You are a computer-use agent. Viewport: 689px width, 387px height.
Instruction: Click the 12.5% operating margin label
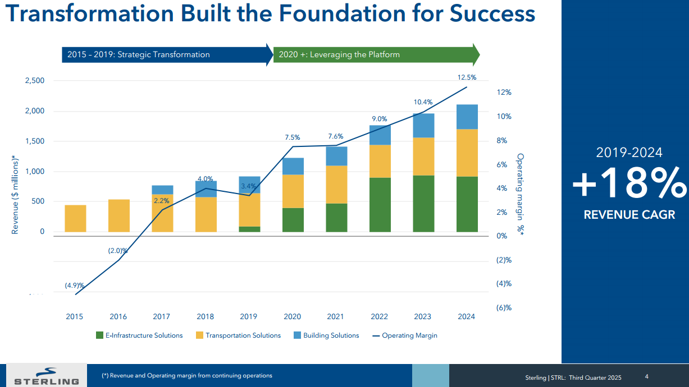(x=467, y=77)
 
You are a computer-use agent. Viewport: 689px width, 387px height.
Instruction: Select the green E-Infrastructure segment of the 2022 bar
(x=380, y=205)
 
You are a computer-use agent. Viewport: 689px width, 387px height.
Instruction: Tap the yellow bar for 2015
(x=75, y=218)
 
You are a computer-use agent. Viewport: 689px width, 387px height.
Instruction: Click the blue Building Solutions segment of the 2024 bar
(x=467, y=117)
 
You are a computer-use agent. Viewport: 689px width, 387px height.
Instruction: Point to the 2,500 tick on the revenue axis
(x=35, y=81)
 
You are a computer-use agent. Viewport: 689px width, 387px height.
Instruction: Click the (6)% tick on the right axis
(x=504, y=307)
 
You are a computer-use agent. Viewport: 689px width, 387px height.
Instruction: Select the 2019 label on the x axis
(x=249, y=316)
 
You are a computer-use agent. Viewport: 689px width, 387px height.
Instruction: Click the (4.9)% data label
(x=74, y=285)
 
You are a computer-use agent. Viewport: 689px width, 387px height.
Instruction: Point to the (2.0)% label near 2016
(x=118, y=251)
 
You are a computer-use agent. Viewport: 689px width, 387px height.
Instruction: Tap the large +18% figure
(x=629, y=184)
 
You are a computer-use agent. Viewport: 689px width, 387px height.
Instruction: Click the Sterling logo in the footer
(x=46, y=376)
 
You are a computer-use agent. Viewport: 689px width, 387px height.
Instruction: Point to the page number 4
(x=646, y=376)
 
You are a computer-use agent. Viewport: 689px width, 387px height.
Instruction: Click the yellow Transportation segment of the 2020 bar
(x=293, y=191)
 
